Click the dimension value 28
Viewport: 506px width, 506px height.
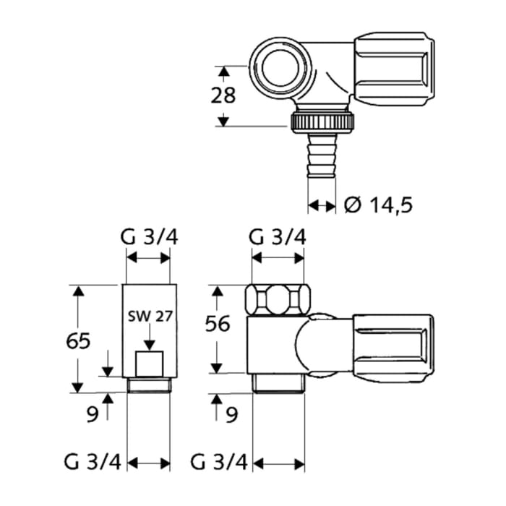(224, 96)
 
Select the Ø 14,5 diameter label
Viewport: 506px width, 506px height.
(378, 205)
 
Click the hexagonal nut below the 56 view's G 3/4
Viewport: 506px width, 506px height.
(278, 298)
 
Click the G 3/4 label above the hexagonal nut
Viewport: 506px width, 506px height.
(278, 237)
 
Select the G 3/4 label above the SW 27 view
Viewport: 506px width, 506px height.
(147, 237)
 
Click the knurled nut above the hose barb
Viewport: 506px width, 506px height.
(322, 121)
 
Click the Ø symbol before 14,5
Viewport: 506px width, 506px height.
(352, 205)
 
